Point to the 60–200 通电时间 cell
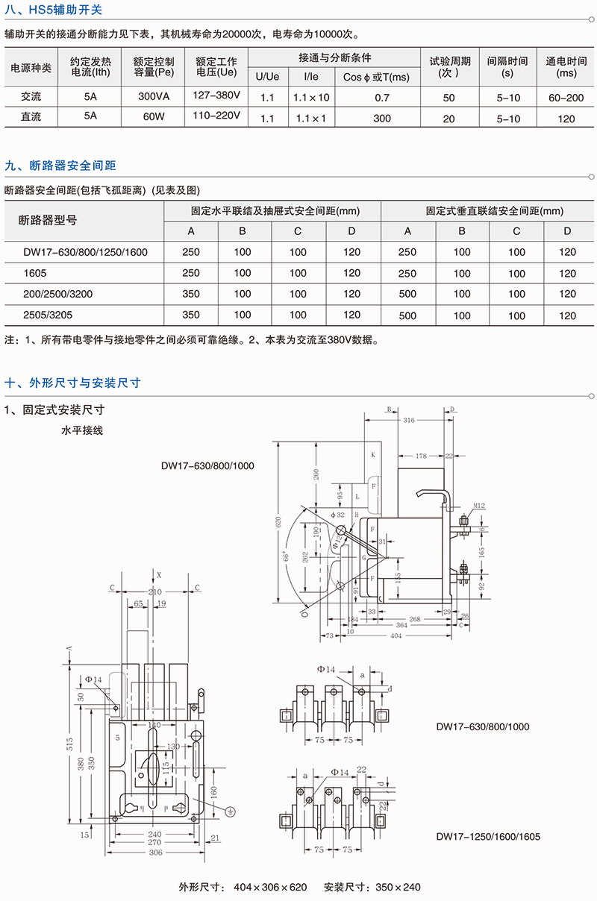point(566,98)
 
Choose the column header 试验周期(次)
point(448,67)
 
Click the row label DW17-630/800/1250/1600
point(76,252)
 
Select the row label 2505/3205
point(48,315)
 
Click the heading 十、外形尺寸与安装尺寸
point(73,383)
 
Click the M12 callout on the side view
point(478,506)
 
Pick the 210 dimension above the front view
point(155,591)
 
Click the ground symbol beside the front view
point(231,809)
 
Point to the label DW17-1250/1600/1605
point(487,836)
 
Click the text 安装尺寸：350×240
point(372,887)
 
